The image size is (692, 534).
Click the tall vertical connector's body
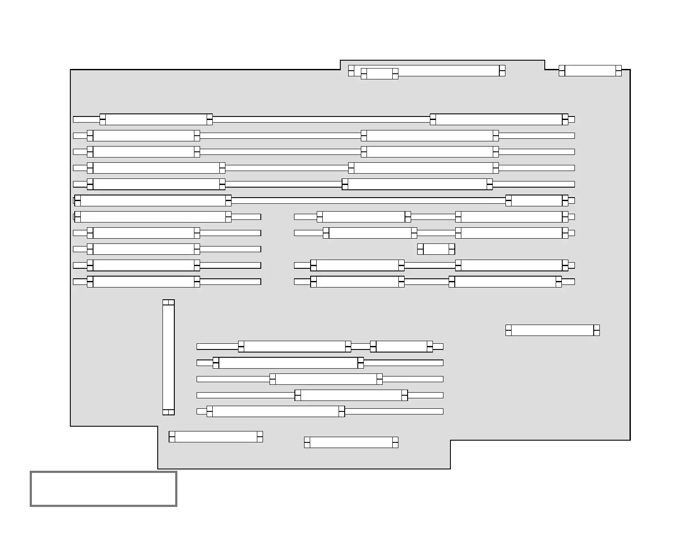(x=168, y=357)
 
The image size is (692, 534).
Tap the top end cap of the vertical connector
(x=168, y=302)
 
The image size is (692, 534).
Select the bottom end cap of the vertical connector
(x=168, y=412)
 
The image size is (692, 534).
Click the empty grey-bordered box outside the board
(x=104, y=489)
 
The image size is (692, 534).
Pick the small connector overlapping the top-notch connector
(x=379, y=74)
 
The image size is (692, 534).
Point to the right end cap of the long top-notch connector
(x=502, y=71)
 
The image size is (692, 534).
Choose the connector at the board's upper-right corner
(x=590, y=71)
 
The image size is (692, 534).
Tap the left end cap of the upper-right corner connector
(x=562, y=71)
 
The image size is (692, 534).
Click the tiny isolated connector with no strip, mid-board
(x=436, y=249)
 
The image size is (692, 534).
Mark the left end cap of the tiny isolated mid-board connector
(x=420, y=249)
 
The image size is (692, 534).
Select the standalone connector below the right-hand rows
(x=552, y=330)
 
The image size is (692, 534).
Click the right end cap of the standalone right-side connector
(x=596, y=330)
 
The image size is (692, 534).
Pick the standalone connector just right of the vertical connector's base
(x=216, y=437)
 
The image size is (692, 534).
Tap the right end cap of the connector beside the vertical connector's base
(x=260, y=437)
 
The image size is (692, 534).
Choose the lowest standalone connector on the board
(x=351, y=442)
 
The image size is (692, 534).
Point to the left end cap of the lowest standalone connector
(x=307, y=442)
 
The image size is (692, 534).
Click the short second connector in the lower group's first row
(x=401, y=346)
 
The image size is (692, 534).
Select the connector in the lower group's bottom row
(x=276, y=411)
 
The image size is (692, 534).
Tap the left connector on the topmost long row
(x=156, y=120)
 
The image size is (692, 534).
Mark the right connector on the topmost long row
(x=499, y=120)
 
